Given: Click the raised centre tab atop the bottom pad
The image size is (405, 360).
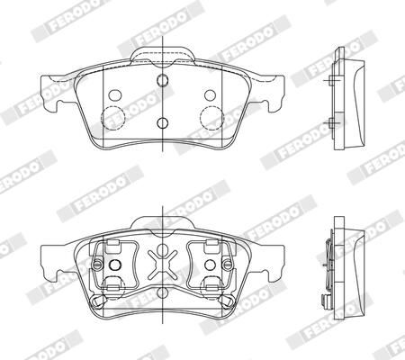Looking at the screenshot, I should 163,222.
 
